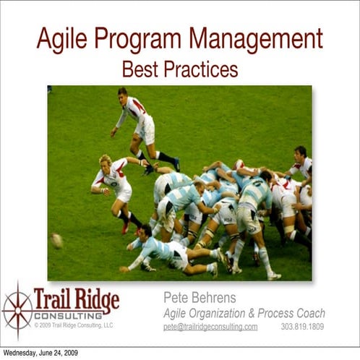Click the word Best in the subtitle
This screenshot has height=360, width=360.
click(x=137, y=69)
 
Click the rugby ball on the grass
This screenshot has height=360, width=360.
click(x=57, y=240)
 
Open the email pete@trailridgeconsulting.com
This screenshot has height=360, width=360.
click(x=210, y=327)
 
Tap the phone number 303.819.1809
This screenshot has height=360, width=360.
click(x=302, y=327)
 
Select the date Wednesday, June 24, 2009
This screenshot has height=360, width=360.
click(x=40, y=353)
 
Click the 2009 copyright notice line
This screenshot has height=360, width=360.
click(x=74, y=325)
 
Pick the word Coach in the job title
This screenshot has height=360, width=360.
click(x=309, y=313)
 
